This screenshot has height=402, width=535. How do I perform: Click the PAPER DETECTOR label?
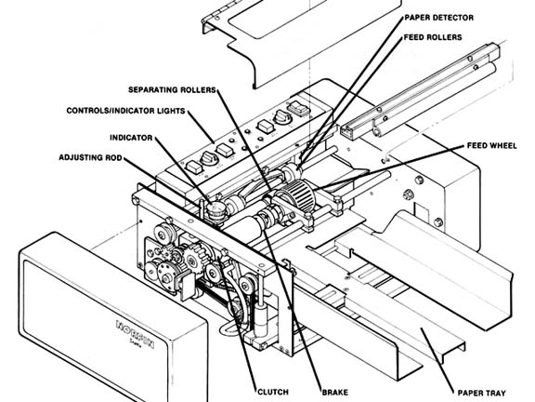438,18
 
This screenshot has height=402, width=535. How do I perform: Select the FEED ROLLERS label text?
433,37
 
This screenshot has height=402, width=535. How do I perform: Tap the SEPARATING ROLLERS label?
173,90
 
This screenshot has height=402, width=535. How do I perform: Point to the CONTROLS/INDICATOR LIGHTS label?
126,111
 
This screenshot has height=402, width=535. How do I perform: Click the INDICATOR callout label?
131,138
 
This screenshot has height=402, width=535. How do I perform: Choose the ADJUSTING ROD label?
90,157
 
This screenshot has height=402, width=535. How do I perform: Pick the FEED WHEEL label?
491,145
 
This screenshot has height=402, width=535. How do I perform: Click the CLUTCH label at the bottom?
273,392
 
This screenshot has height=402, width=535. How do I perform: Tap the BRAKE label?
335,392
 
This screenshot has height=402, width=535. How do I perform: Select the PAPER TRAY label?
481,393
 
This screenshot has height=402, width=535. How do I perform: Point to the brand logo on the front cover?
135,334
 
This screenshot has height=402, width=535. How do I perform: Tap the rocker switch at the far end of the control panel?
298,108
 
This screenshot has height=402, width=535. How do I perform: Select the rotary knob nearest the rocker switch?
283,117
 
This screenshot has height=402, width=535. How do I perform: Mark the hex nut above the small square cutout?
408,194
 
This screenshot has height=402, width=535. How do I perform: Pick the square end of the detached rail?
348,132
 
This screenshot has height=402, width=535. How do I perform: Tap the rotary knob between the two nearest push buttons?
208,158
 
